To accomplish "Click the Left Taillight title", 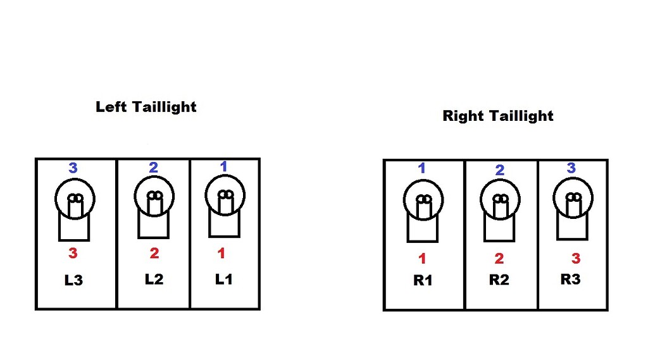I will click(x=146, y=107).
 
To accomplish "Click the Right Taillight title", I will click(x=498, y=116).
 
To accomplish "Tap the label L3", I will click(x=73, y=280).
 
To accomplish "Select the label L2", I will click(x=154, y=279).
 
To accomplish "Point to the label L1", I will click(x=223, y=279).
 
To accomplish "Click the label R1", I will click(x=423, y=280).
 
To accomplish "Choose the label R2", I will click(x=499, y=280).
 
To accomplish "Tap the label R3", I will click(x=570, y=279).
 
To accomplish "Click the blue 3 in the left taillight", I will click(x=73, y=168).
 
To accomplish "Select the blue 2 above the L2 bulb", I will click(x=153, y=168).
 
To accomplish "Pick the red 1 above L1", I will click(x=221, y=253).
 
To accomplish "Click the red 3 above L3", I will click(x=73, y=254).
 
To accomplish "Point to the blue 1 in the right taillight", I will click(x=422, y=168).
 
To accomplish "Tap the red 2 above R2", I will click(x=499, y=258).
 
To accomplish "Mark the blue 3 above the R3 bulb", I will click(x=571, y=168).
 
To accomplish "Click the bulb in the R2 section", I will click(x=499, y=210).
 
